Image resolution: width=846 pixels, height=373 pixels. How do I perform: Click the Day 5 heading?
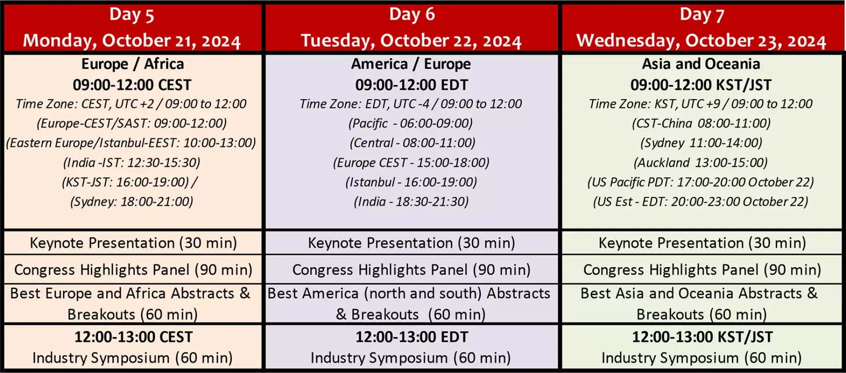click(132, 15)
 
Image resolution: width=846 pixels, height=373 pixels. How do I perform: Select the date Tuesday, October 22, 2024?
click(411, 41)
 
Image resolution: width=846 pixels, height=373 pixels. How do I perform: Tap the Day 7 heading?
click(702, 15)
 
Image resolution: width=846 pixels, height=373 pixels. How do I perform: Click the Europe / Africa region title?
click(133, 64)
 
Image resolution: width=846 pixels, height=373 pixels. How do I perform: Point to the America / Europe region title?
click(411, 64)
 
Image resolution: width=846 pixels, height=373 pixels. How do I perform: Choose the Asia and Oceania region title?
click(701, 64)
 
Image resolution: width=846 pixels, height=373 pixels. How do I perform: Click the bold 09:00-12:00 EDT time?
click(412, 85)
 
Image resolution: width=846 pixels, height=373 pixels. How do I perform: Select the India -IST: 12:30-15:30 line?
click(132, 163)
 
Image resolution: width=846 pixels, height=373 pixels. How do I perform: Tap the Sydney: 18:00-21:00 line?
click(132, 201)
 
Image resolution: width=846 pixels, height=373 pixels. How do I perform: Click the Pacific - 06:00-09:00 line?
click(411, 123)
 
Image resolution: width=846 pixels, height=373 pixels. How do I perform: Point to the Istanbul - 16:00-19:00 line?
click(411, 182)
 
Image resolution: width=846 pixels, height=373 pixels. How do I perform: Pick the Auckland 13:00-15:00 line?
click(701, 163)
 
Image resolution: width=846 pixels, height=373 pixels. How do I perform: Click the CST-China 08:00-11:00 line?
click(701, 123)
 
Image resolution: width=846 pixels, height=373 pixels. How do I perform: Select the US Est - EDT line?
click(701, 201)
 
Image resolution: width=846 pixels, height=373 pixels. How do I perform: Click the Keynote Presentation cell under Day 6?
click(412, 243)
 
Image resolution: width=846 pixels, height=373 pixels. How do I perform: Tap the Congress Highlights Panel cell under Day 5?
click(133, 270)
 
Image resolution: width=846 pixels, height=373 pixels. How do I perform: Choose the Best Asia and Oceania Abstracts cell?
click(701, 304)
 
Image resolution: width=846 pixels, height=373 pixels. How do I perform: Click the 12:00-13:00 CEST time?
click(134, 337)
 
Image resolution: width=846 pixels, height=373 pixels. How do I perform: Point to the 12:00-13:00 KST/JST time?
click(702, 337)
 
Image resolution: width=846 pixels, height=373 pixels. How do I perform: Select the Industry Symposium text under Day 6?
click(411, 358)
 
